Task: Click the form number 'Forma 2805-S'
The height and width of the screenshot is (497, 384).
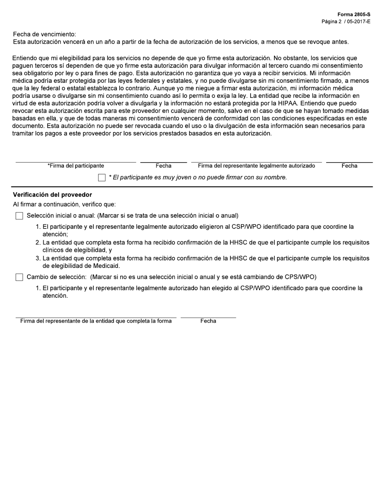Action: coord(354,15)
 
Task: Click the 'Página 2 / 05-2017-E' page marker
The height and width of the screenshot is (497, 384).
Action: coord(346,21)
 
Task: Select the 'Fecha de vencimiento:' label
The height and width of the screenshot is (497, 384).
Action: coord(44,34)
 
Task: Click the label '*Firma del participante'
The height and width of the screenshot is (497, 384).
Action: coord(76,166)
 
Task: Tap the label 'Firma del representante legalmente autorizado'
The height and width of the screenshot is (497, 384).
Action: coord(256,166)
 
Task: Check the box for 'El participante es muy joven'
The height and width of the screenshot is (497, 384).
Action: coord(102,178)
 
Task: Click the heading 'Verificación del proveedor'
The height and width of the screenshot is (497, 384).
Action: coord(53,195)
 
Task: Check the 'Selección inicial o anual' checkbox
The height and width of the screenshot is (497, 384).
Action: coord(19,216)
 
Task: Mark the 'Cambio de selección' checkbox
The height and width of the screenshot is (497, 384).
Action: coord(19,277)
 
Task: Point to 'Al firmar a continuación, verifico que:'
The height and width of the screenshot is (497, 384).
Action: coord(64,204)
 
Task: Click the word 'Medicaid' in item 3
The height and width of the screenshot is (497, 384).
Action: coord(107,266)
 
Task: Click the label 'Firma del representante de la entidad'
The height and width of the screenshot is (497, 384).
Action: coord(96,321)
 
